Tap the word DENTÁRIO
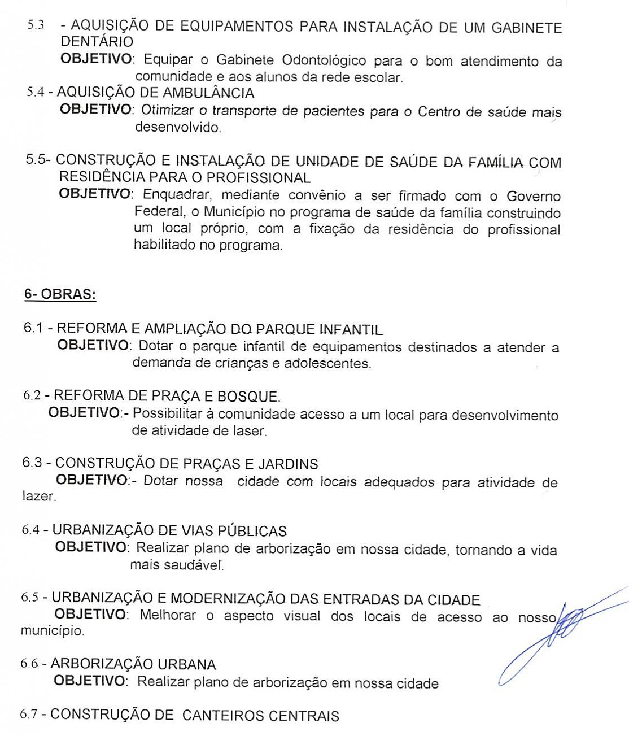click(x=97, y=42)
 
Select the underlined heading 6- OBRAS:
click(x=60, y=295)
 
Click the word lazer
click(x=38, y=497)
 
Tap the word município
click(x=52, y=631)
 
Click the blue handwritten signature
click(x=559, y=633)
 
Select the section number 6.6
click(x=29, y=664)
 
